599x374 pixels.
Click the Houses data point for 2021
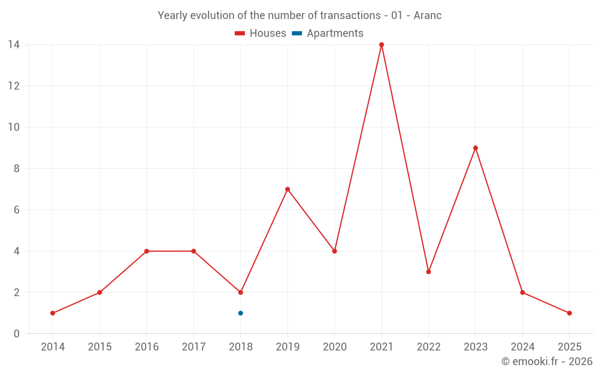tap(382, 45)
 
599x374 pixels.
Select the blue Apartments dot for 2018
tap(240, 313)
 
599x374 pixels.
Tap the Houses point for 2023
tap(476, 148)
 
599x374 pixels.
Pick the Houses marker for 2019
tap(288, 189)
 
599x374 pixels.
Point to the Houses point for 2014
tap(53, 313)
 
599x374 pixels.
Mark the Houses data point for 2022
tap(428, 272)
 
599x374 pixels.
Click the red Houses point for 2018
tap(240, 293)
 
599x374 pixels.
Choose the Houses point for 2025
tap(569, 313)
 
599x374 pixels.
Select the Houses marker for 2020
tap(334, 251)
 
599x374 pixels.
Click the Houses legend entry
tap(261, 34)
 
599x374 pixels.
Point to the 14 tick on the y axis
tap(14, 44)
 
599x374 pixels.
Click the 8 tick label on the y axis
tap(17, 169)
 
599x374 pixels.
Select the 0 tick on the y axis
tap(17, 334)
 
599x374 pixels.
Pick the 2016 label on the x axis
tap(147, 347)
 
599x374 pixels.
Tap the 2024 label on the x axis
tap(522, 347)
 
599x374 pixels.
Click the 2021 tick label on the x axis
tap(382, 347)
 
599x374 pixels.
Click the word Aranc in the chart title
tap(428, 16)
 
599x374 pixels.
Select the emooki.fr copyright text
tap(547, 361)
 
